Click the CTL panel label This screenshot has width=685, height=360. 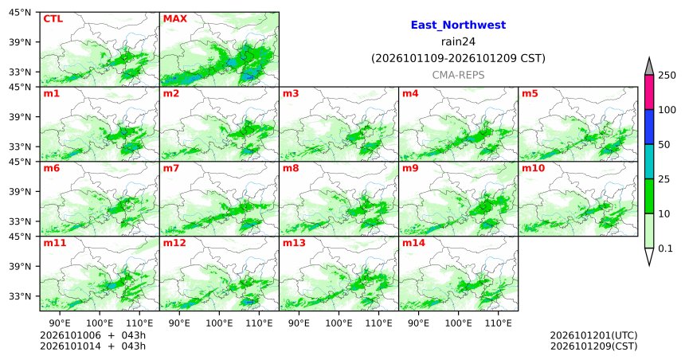pos(53,19)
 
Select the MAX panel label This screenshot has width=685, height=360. pos(174,19)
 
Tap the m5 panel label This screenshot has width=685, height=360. pos(530,93)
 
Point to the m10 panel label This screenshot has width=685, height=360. pos(533,168)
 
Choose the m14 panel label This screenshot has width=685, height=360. pos(413,243)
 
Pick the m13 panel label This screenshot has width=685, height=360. pos(294,243)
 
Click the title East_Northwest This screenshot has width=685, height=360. pos(458,25)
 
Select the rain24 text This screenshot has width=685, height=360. pos(458,42)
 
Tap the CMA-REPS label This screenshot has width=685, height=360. pos(458,75)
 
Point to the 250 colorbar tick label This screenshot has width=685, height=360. pos(667,76)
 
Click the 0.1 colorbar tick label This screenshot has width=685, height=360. pos(665,248)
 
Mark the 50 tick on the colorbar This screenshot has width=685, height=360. pos(664,145)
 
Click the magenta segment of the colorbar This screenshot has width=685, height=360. pos(648,92)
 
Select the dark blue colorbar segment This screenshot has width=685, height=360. pos(648,127)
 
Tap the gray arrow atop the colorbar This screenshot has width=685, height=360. pos(648,67)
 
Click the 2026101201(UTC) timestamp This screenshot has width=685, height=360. pos(593,335)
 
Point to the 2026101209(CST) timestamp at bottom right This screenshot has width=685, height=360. pos(593,346)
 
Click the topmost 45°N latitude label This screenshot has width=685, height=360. pos(20,12)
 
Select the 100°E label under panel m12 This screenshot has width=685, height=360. pos(219,323)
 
